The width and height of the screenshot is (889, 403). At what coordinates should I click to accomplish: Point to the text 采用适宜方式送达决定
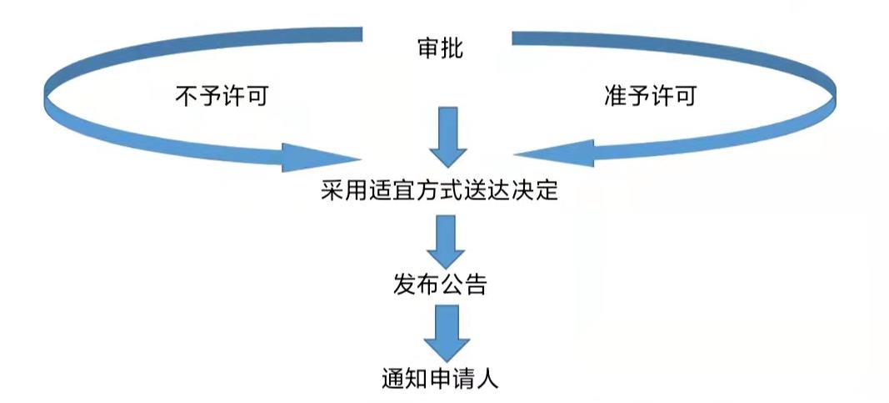click(438, 193)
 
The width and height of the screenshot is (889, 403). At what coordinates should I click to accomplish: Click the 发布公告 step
click(439, 285)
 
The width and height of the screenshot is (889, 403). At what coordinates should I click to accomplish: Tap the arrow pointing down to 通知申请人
click(447, 331)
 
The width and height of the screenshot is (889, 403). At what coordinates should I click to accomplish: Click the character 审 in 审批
click(427, 49)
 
